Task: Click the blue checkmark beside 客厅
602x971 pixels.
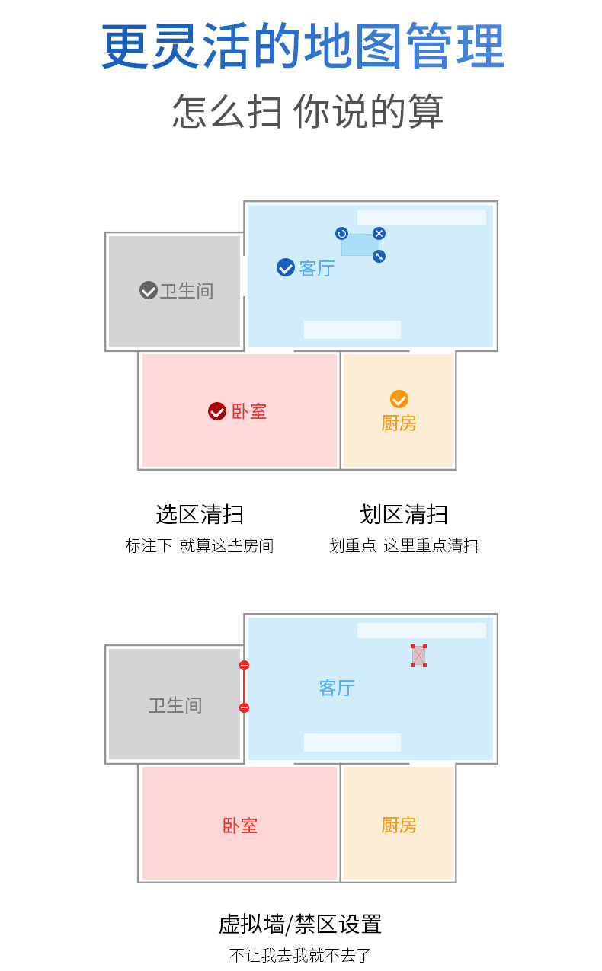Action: (x=285, y=267)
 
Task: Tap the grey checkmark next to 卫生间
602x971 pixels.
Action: (x=149, y=290)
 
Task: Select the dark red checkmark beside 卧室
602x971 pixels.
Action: (x=217, y=411)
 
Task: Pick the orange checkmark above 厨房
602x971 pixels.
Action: (x=399, y=399)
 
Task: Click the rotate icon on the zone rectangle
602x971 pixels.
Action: (x=341, y=234)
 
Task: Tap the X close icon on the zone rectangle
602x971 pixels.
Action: (x=379, y=233)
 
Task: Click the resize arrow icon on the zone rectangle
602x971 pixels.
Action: (x=379, y=257)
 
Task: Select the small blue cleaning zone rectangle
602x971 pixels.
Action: (x=360, y=244)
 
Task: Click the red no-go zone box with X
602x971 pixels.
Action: (x=418, y=655)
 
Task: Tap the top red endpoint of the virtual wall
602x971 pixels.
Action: (x=244, y=666)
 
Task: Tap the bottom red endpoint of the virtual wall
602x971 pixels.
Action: (x=244, y=708)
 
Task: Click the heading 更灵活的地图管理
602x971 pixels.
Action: (x=303, y=46)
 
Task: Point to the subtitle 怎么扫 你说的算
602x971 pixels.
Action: (x=307, y=111)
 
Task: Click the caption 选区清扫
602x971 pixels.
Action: (x=200, y=514)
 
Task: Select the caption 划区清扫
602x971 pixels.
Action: (x=404, y=514)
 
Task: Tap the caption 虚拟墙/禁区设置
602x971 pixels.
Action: (x=300, y=924)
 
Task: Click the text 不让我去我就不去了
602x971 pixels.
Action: (x=300, y=955)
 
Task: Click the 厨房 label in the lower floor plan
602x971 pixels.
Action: (x=399, y=825)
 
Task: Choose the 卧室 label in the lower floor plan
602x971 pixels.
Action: (x=240, y=826)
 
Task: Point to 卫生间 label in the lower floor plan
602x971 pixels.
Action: (x=175, y=705)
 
